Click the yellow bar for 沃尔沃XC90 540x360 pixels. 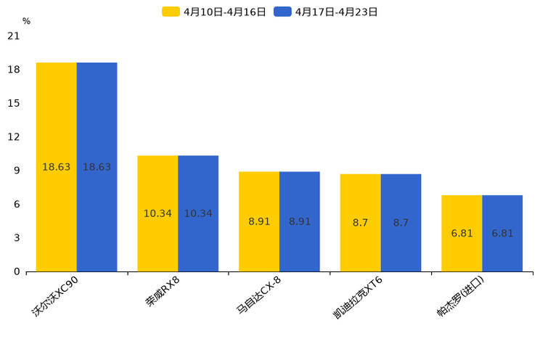pos(57,167)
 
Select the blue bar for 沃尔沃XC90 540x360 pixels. pos(97,167)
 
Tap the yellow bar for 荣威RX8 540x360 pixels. pos(157,213)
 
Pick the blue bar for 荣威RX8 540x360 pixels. pos(198,213)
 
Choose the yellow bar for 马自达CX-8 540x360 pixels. pos(259,221)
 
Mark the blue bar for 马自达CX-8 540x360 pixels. pos(300,221)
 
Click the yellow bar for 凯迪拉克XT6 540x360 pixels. pos(361,223)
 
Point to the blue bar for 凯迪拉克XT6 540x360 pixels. pos(401,223)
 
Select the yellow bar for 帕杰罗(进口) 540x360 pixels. pos(462,233)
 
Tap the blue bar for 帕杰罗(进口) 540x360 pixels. pos(502,233)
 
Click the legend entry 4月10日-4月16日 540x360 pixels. pos(214,12)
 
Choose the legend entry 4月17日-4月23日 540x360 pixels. pos(326,12)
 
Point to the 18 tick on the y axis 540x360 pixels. pos(13,70)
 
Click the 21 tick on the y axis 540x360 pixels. pos(13,36)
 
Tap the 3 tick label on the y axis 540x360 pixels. pos(16,238)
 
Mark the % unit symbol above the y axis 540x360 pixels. pos(26,22)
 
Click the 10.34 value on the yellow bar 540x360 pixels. pos(157,213)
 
